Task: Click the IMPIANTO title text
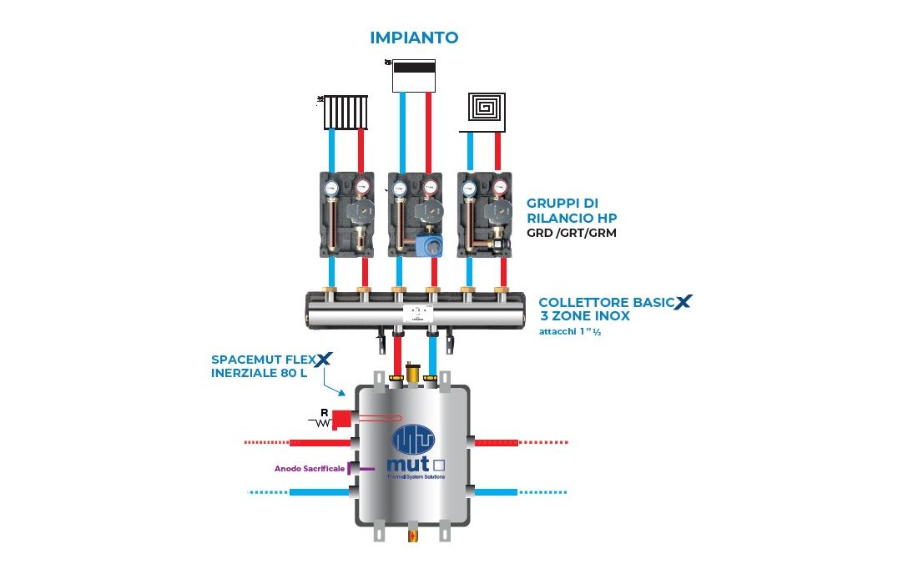point(414,38)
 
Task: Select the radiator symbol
point(346,111)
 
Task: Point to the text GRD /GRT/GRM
point(572,234)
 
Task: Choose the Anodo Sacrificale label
point(310,469)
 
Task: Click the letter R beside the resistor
point(324,411)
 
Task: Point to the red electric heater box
point(342,420)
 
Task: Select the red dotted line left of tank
point(275,441)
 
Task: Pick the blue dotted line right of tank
point(543,492)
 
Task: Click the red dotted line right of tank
point(543,441)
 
